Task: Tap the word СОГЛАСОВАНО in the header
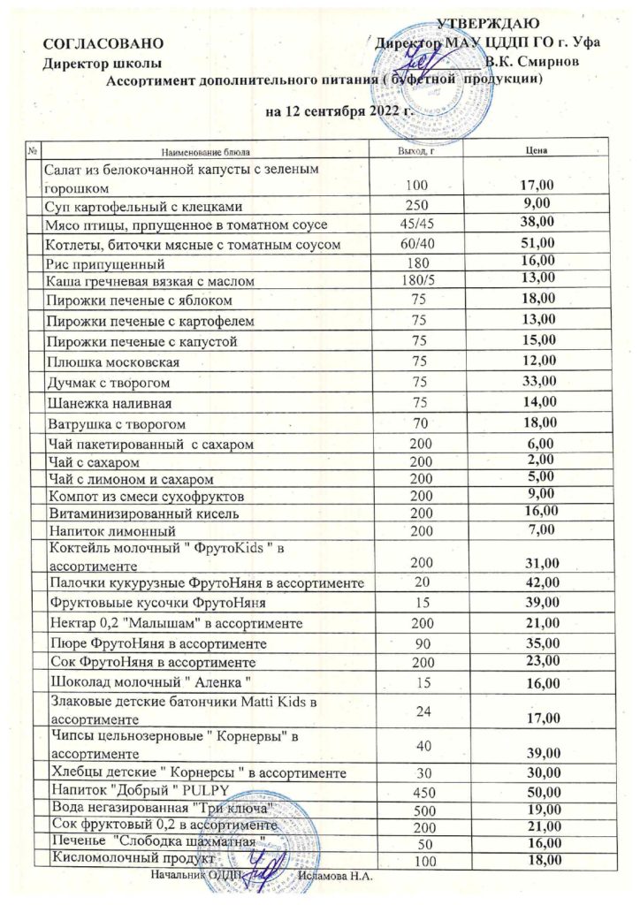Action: (x=103, y=42)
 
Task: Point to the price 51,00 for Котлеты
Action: (x=537, y=241)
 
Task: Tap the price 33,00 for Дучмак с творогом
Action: (x=537, y=382)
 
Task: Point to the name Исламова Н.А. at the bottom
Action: (x=335, y=876)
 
